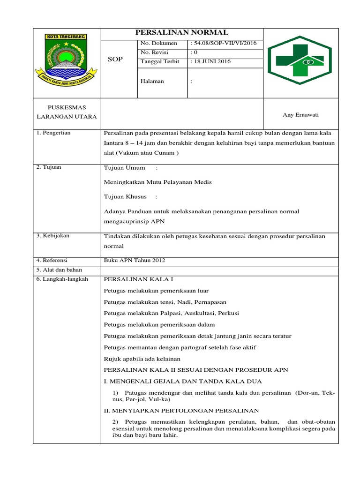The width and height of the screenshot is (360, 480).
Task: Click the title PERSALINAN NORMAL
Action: click(182, 32)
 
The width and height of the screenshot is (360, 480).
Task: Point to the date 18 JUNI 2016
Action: click(211, 61)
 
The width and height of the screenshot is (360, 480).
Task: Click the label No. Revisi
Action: click(154, 52)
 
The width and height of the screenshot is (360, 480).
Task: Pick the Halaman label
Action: click(152, 81)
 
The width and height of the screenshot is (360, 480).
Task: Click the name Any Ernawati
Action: click(300, 115)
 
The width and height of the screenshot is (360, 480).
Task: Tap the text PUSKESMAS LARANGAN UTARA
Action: click(67, 112)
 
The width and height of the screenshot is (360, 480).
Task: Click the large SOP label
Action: click(115, 60)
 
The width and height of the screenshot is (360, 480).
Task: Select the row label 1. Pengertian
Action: click(53, 133)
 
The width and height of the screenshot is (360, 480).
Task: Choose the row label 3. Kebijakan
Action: click(53, 235)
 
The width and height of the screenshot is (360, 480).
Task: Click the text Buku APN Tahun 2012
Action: click(134, 260)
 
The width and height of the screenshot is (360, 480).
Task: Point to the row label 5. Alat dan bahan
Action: click(59, 270)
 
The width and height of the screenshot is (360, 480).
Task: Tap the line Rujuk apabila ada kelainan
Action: click(142, 359)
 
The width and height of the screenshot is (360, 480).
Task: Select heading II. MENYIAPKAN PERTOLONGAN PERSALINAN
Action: click(181, 410)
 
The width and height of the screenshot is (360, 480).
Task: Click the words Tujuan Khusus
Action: click(125, 196)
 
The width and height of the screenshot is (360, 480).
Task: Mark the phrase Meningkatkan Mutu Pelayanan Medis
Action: click(157, 182)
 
